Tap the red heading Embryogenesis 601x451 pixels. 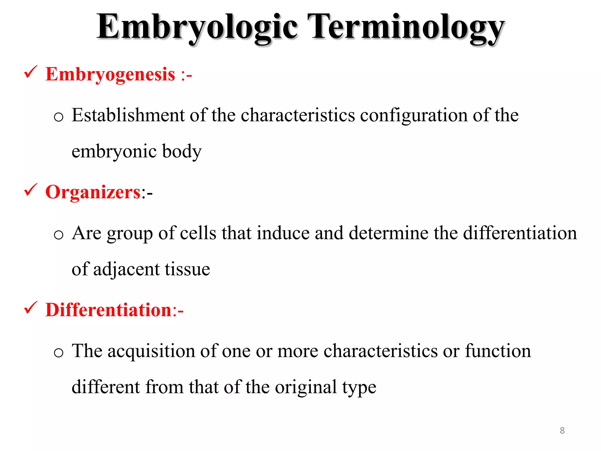(110, 74)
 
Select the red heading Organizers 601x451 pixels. (93, 192)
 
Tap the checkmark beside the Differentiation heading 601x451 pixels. (31, 308)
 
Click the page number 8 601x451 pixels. (562, 430)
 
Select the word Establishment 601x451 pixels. (128, 115)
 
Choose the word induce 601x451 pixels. (283, 233)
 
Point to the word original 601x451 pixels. (306, 387)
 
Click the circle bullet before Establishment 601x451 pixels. (59, 117)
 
